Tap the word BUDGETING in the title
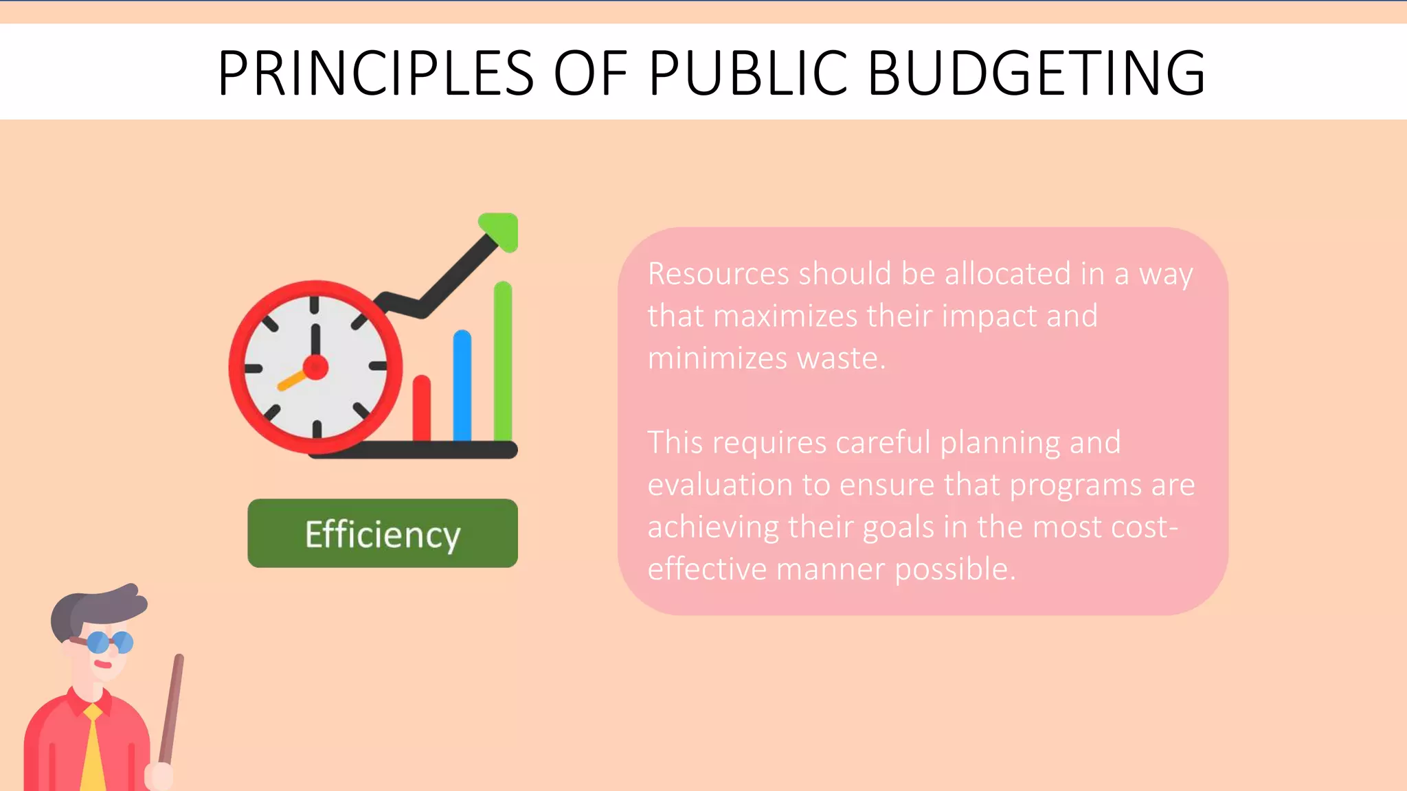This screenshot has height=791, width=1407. pyautogui.click(x=1036, y=73)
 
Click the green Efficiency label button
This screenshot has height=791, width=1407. pyautogui.click(x=383, y=534)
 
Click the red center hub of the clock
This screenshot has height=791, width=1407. pyautogui.click(x=315, y=367)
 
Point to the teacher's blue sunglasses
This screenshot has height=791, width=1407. pyautogui.click(x=110, y=642)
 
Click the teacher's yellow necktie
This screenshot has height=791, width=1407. pyautogui.click(x=93, y=752)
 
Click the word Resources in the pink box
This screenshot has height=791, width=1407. pyautogui.click(x=718, y=274)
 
